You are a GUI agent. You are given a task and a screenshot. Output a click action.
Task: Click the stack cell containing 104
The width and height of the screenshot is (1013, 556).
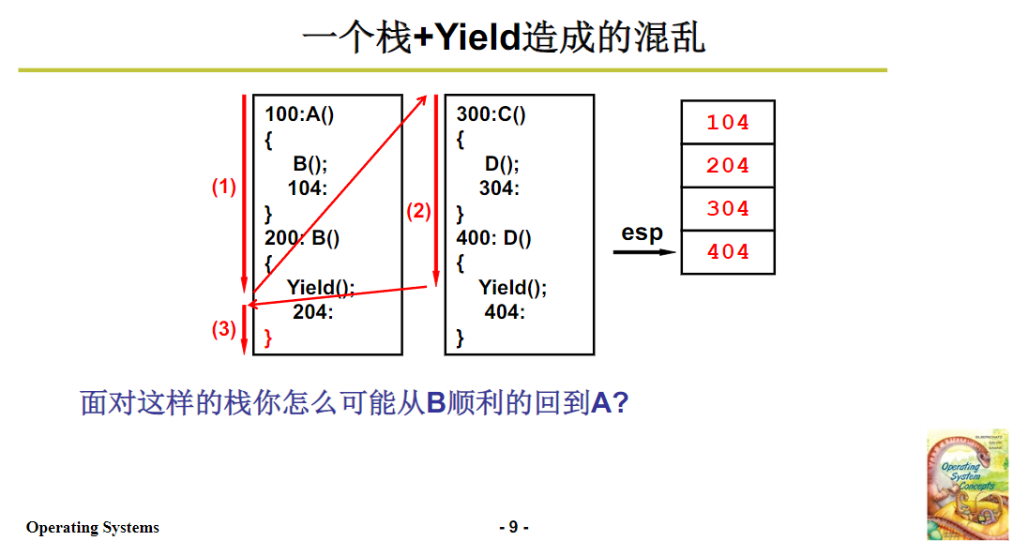click(x=728, y=122)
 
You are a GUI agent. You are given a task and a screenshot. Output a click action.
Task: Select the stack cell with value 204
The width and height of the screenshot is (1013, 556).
click(x=728, y=166)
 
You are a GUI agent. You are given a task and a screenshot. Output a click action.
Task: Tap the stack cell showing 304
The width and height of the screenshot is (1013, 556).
click(x=728, y=209)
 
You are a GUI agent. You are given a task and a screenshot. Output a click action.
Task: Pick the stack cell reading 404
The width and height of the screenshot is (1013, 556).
click(x=728, y=252)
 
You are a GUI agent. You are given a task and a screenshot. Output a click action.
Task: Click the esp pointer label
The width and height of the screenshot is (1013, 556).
click(x=643, y=233)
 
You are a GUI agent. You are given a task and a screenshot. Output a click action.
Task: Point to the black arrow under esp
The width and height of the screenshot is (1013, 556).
click(x=644, y=251)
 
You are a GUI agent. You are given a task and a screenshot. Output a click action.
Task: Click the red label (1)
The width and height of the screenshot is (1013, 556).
click(x=223, y=187)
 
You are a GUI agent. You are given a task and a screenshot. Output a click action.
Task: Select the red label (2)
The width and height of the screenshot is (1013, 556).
click(x=418, y=211)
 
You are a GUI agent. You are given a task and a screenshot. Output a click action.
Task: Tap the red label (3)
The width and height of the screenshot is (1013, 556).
click(x=223, y=329)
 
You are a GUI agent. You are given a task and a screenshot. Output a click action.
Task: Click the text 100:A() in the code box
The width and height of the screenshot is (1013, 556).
click(x=300, y=114)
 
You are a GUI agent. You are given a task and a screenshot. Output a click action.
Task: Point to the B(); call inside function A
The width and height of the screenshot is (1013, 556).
click(x=310, y=163)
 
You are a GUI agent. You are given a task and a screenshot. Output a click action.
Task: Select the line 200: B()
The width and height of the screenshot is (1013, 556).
click(x=302, y=238)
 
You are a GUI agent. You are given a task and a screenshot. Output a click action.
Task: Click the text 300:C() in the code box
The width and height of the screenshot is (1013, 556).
click(x=491, y=114)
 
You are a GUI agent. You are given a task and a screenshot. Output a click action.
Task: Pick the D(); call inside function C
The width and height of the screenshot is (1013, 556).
click(x=502, y=163)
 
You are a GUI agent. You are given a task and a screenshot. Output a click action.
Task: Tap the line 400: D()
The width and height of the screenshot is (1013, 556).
click(x=494, y=238)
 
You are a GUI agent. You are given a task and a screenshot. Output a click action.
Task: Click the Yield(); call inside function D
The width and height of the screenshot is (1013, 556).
click(x=512, y=287)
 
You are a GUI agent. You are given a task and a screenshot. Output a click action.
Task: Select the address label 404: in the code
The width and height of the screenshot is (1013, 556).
click(x=505, y=311)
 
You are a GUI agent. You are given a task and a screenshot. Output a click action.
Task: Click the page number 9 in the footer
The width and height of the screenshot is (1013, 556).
click(x=513, y=527)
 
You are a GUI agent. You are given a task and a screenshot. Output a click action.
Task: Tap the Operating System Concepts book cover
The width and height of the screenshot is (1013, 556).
click(x=966, y=484)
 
